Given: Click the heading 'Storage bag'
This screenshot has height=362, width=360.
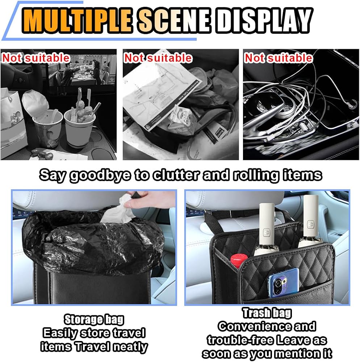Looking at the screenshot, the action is pyautogui.click(x=94, y=320).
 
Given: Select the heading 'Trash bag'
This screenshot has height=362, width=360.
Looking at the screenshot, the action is pyautogui.click(x=267, y=313).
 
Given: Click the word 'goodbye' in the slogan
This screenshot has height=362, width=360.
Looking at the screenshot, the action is pyautogui.click(x=100, y=175).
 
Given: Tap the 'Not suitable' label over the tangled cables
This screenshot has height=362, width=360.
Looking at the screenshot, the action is pyautogui.click(x=278, y=58).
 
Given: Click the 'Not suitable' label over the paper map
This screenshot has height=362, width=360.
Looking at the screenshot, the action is pyautogui.click(x=158, y=58).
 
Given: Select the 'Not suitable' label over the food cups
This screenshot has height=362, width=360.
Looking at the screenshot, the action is pyautogui.click(x=36, y=58).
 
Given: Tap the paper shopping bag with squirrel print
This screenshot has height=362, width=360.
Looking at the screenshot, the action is pyautogui.click(x=13, y=122).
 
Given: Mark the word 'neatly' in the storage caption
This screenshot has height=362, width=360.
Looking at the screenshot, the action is pyautogui.click(x=130, y=347).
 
